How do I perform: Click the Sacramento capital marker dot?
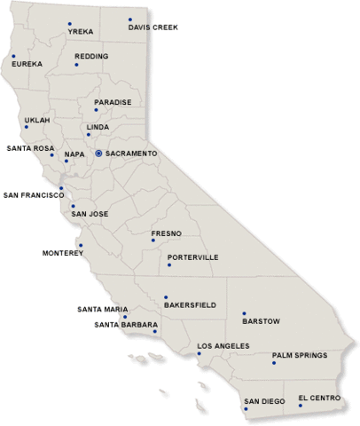(98, 154)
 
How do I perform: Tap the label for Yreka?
(81, 32)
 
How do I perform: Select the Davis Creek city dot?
(129, 19)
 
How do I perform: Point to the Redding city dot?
(76, 65)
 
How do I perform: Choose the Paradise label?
(113, 102)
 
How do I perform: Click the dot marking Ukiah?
(27, 127)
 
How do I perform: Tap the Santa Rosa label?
(31, 148)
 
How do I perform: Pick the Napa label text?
(74, 154)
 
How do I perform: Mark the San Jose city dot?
(74, 207)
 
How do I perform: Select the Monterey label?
(62, 253)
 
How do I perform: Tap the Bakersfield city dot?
(165, 297)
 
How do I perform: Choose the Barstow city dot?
(244, 313)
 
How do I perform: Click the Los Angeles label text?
(223, 345)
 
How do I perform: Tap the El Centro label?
(319, 398)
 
